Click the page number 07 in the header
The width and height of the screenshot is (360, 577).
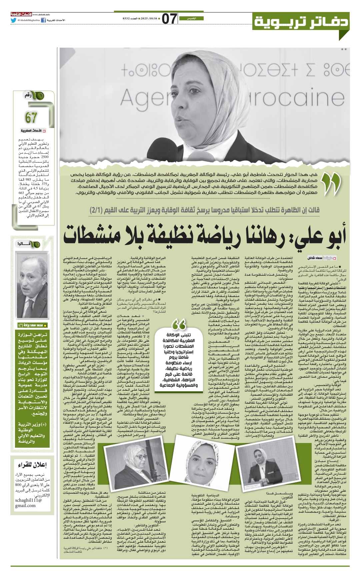(169, 19)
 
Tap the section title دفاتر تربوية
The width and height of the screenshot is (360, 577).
(301, 22)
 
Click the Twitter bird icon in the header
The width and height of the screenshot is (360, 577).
(13, 20)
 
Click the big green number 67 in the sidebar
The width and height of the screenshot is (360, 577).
(31, 117)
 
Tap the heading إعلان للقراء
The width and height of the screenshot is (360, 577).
(32, 465)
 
